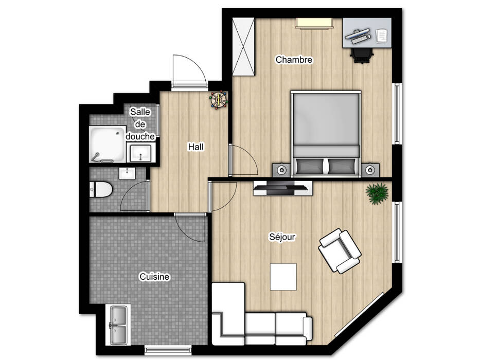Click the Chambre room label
coord(294,59)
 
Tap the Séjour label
coord(282,237)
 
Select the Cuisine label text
coord(154,277)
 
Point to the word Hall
coord(196,147)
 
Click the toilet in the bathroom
coord(101,189)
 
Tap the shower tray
coord(108,144)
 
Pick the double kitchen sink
coord(118,325)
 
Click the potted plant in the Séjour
coord(377,193)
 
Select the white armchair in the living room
coord(340,251)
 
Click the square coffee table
coord(283,277)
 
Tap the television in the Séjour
coord(283,188)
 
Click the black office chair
coord(362,56)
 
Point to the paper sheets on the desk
coord(381,35)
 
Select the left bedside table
coord(281,170)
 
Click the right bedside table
coord(370,170)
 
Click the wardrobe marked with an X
coord(243,46)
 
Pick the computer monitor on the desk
coord(357,33)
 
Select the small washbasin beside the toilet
coord(127,174)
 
